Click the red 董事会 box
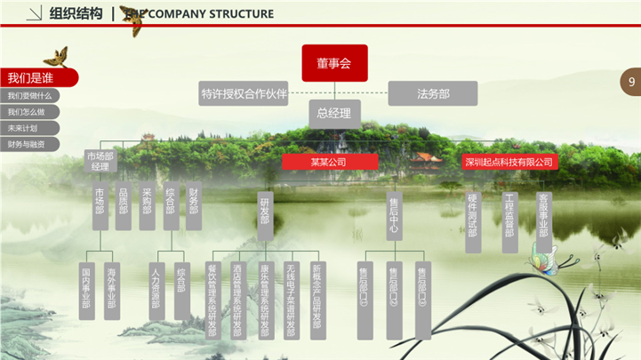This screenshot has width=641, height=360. [x=334, y=63]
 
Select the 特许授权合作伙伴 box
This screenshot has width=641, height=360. [x=244, y=93]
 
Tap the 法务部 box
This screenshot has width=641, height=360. [x=433, y=93]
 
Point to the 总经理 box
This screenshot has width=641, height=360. [x=334, y=114]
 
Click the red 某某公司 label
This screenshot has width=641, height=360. [x=330, y=162]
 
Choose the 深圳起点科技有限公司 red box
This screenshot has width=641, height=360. [x=509, y=162]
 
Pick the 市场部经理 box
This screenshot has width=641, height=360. [x=100, y=161]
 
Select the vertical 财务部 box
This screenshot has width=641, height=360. [x=193, y=206]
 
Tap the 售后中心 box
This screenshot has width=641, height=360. [x=394, y=218]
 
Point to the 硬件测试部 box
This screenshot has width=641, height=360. [x=473, y=220]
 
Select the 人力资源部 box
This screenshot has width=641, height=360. [x=156, y=290]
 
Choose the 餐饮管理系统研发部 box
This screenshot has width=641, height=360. [x=212, y=300]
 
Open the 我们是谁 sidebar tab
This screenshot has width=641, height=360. [x=36, y=77]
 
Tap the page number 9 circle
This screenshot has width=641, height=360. [x=630, y=83]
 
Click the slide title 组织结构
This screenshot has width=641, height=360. [x=76, y=13]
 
